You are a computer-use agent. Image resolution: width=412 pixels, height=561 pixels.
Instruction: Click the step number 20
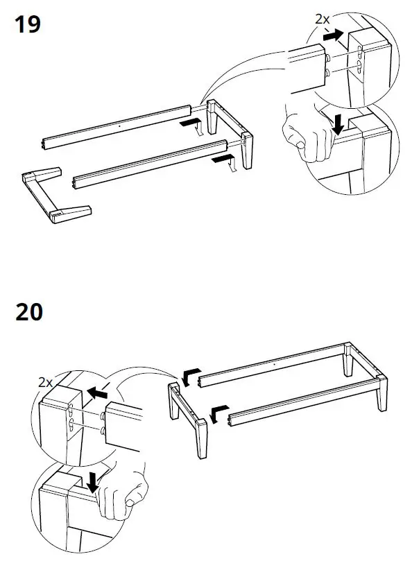29,311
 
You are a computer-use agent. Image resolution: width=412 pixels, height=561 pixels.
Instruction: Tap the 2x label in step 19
322,20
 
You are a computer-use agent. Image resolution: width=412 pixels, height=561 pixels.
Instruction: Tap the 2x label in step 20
46,382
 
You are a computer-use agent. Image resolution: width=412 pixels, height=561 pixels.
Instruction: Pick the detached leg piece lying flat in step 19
55,196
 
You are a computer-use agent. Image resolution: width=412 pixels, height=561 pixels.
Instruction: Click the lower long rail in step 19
149,164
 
